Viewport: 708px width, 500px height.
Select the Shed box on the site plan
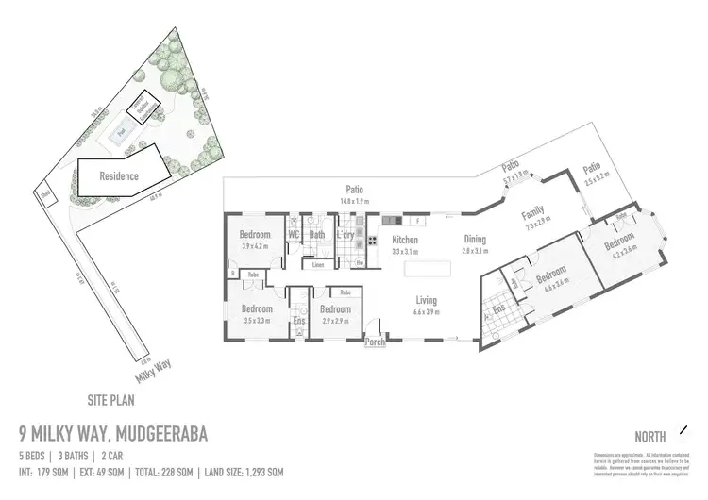(x=43, y=196)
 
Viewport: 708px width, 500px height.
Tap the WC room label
(x=294, y=234)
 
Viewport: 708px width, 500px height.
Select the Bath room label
(x=317, y=234)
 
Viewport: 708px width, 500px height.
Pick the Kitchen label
(x=406, y=240)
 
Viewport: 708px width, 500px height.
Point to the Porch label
(x=376, y=342)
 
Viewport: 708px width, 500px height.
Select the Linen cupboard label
(x=319, y=265)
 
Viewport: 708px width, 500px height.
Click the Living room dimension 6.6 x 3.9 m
(x=428, y=311)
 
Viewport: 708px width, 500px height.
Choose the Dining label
(x=474, y=240)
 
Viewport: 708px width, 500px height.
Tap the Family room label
(x=533, y=216)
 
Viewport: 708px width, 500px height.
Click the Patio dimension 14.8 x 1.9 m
(x=354, y=200)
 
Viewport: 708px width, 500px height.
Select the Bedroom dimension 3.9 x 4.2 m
(x=255, y=244)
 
